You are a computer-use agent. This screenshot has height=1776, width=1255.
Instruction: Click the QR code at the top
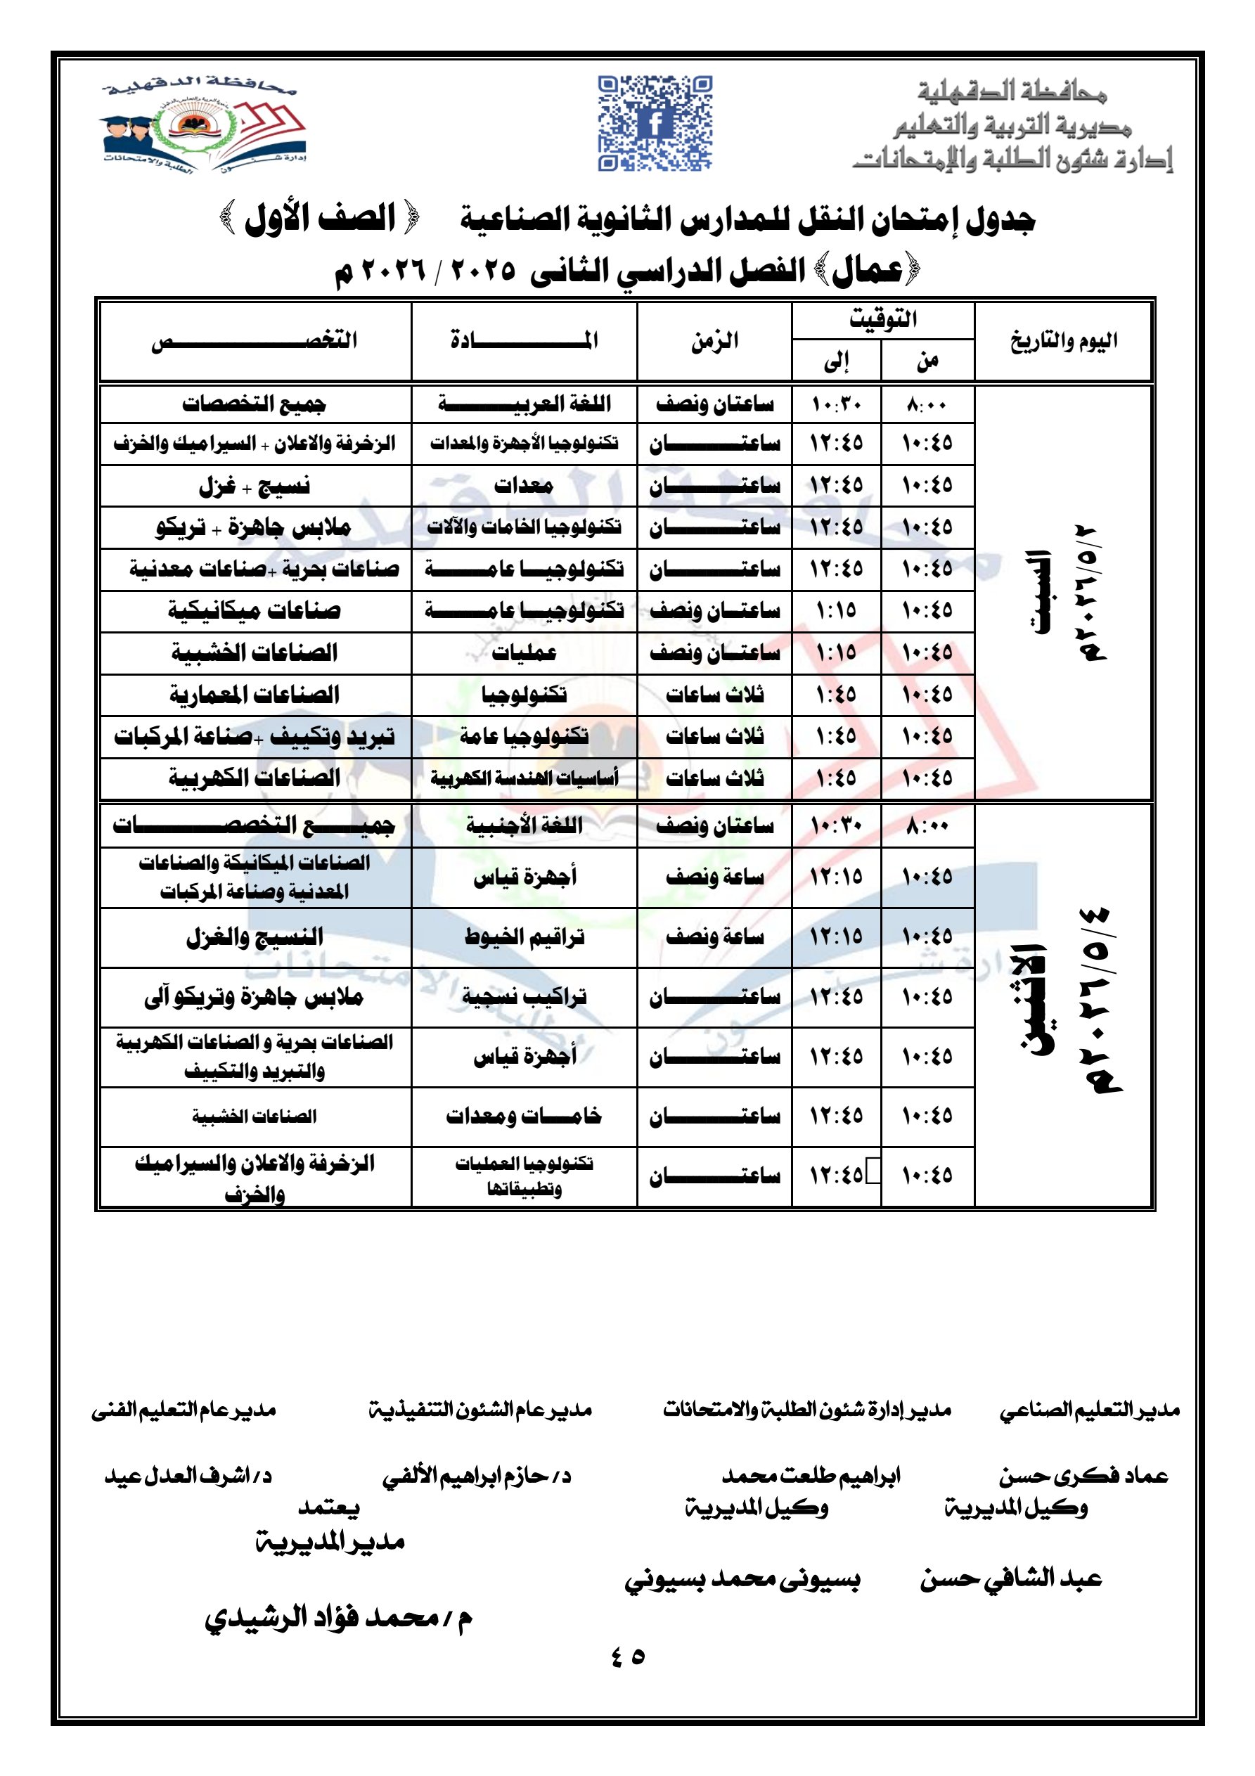tap(655, 122)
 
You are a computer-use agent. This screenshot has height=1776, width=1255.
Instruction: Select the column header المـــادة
tap(524, 340)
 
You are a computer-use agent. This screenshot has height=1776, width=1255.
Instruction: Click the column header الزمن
tap(714, 340)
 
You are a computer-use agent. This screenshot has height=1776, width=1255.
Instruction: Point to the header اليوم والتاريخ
tap(1063, 340)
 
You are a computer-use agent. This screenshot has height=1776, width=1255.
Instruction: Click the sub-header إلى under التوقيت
tap(837, 361)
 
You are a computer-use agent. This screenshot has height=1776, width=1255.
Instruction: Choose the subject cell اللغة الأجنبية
tap(524, 825)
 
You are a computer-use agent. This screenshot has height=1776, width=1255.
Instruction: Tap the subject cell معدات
tap(524, 486)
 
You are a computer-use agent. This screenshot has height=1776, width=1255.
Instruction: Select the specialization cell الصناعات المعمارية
tap(255, 695)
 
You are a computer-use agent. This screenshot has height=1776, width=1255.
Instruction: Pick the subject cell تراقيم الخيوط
tap(524, 937)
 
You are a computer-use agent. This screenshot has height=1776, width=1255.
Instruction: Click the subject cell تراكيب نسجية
tap(524, 997)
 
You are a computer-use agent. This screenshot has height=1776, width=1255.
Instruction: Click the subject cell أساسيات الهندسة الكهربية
tap(524, 778)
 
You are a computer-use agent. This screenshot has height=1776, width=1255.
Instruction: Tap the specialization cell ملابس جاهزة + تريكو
tap(255, 527)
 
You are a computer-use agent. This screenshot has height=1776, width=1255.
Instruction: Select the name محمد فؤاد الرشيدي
tap(338, 1616)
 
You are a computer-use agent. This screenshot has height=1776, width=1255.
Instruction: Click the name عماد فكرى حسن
tap(1083, 1476)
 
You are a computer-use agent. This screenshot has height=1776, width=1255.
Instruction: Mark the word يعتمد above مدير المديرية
tap(329, 1507)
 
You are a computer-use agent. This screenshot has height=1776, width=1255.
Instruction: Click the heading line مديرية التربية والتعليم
tap(1012, 125)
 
